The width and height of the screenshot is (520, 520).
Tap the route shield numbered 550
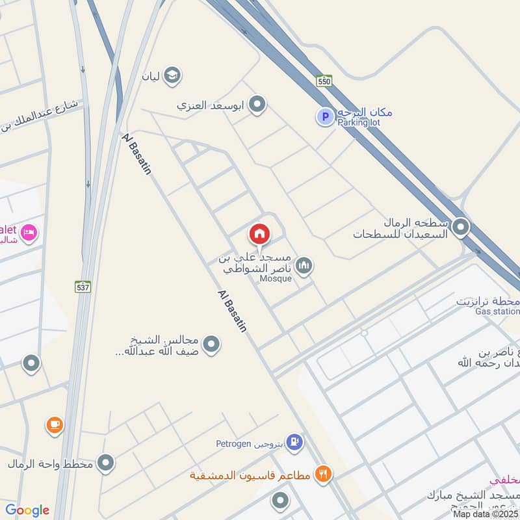(x=324, y=81)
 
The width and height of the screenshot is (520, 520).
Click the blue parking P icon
(x=324, y=117)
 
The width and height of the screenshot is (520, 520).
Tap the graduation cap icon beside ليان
(x=172, y=76)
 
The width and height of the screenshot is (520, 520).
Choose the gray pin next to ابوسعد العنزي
(x=257, y=104)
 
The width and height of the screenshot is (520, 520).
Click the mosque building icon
(x=304, y=265)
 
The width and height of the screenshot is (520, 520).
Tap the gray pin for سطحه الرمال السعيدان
(x=461, y=227)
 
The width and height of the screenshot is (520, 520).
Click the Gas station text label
(x=497, y=312)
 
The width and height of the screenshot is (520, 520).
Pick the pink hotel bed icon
(x=29, y=232)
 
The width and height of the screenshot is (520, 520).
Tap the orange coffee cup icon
(x=55, y=425)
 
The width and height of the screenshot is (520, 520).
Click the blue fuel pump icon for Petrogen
(x=295, y=443)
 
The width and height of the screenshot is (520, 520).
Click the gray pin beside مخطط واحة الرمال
(x=105, y=463)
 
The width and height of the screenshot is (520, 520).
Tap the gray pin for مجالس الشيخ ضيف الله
(x=211, y=344)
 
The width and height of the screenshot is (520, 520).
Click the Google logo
(x=27, y=510)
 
